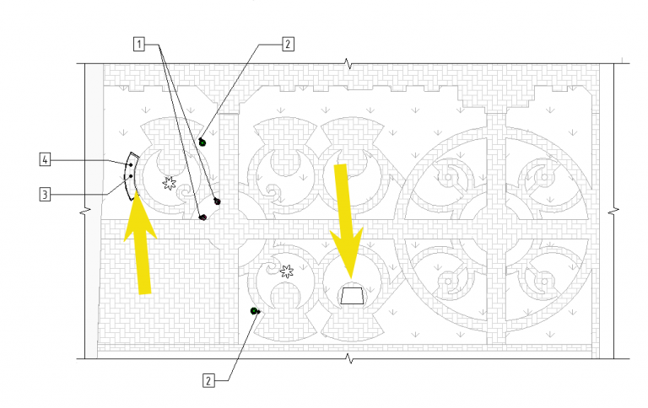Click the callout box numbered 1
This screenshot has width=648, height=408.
tap(139, 44)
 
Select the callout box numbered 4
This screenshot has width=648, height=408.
tap(45, 159)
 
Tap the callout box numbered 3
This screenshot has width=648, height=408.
tap(45, 194)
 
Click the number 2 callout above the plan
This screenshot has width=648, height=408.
tap(288, 44)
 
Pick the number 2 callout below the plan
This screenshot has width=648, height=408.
tap(208, 381)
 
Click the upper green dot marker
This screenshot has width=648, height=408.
tap(202, 142)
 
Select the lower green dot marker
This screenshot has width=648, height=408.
tap(254, 311)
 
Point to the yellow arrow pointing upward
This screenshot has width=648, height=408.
tap(141, 243)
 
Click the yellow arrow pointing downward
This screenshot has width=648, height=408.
tap(346, 221)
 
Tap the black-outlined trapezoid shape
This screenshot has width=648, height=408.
tap(352, 295)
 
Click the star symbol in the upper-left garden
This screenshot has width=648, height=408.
tap(169, 183)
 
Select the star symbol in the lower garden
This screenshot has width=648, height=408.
tap(286, 271)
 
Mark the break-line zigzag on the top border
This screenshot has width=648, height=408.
tap(349, 64)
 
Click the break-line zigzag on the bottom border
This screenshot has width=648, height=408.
tap(349, 358)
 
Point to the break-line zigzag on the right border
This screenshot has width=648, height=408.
tap(613, 212)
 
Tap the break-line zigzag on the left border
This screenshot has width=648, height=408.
tap(85, 211)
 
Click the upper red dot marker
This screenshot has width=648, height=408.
tap(217, 201)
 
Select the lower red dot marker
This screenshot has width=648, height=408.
tap(202, 217)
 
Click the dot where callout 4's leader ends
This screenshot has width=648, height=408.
tap(131, 164)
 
